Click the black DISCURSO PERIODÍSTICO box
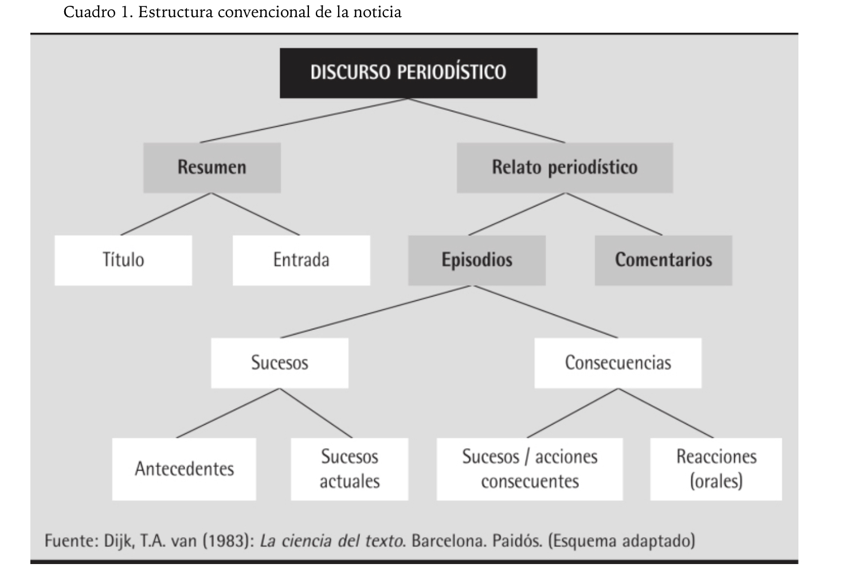[408, 73]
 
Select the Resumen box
[211, 168]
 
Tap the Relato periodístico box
[564, 168]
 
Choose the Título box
[123, 260]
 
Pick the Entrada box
[301, 260]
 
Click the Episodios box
[476, 260]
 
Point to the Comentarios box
[663, 260]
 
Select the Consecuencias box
[617, 363]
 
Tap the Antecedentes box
[184, 469]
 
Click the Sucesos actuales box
[349, 469]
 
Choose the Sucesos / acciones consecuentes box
[529, 469]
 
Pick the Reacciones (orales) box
[716, 469]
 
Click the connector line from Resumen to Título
[166, 214]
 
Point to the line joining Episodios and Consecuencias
[546, 312]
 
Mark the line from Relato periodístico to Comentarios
[613, 214]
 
